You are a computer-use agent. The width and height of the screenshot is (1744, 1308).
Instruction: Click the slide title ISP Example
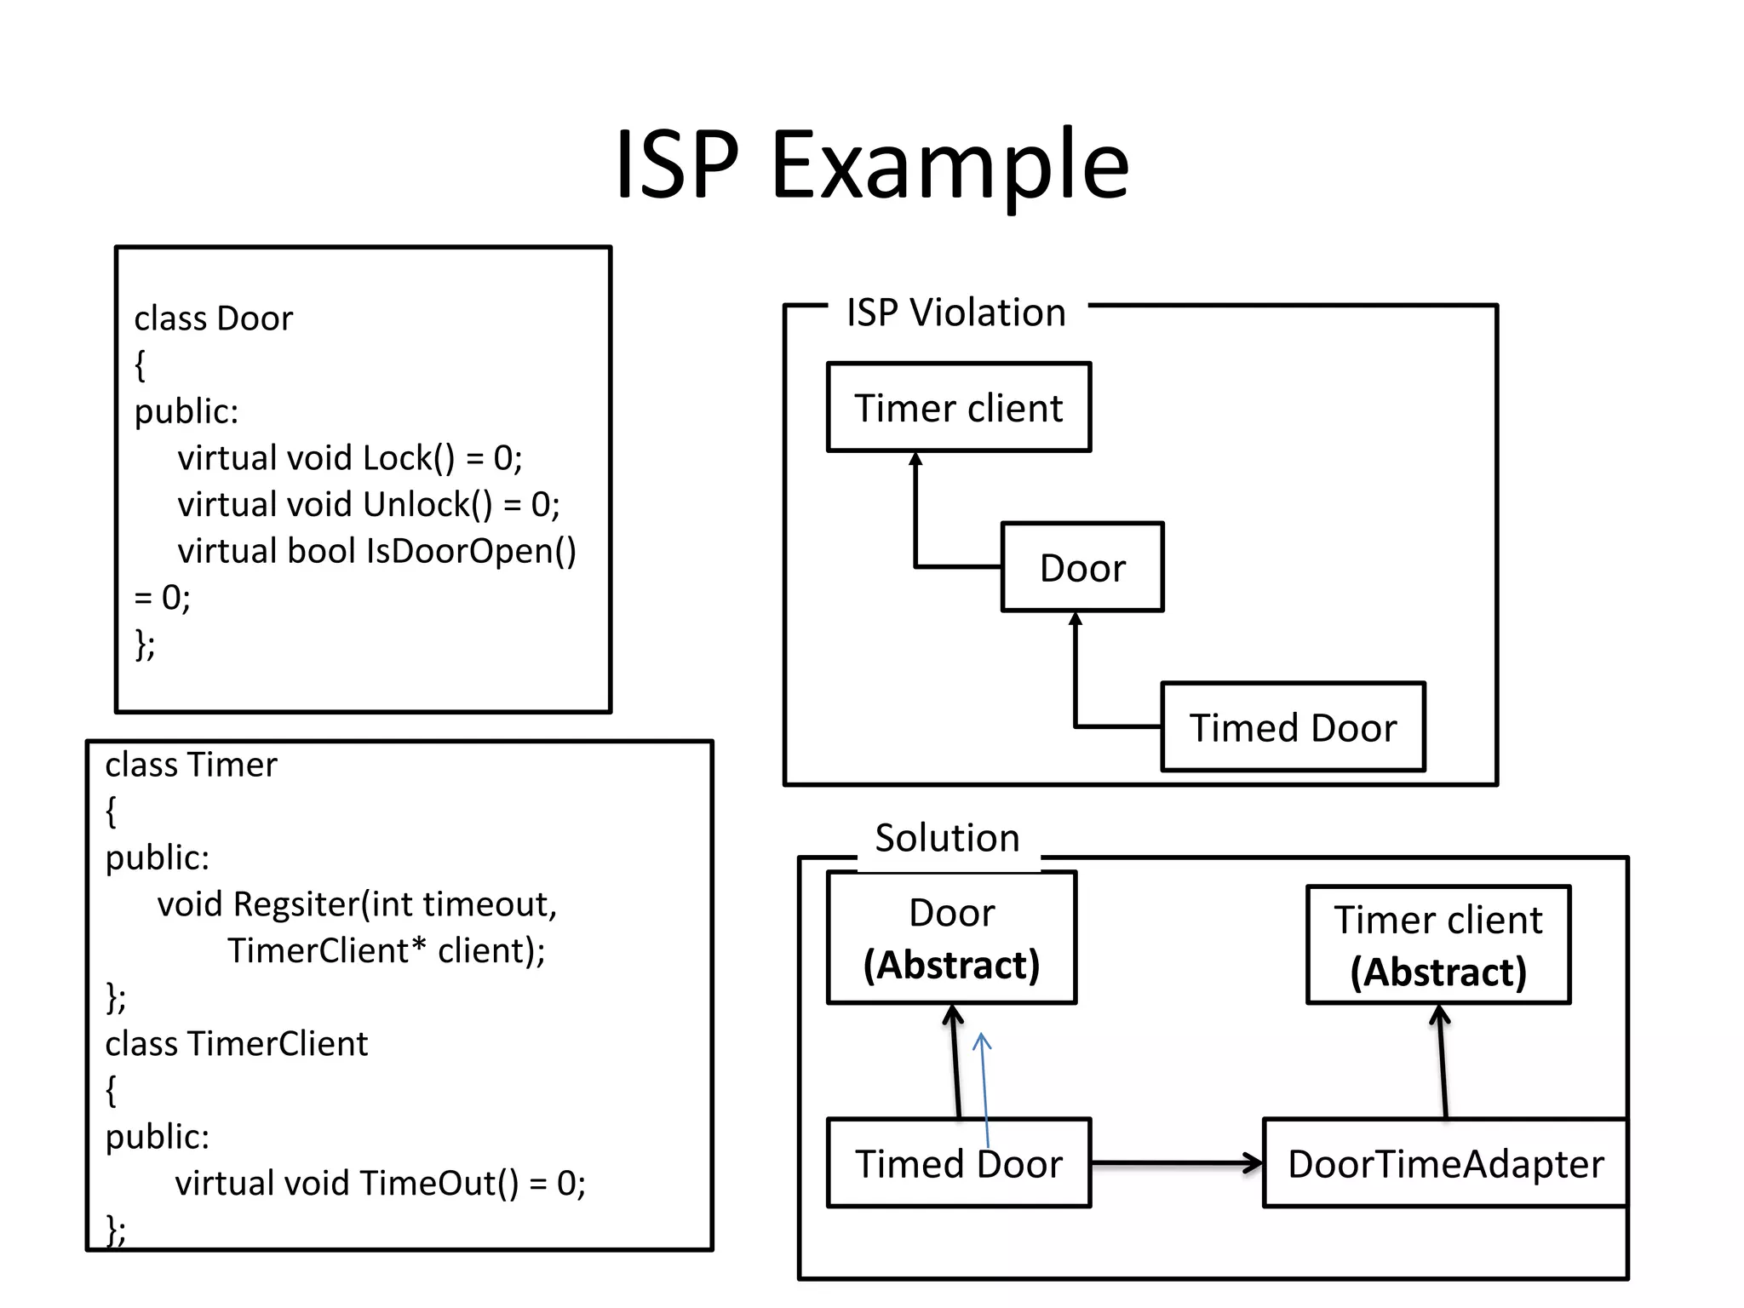point(872,163)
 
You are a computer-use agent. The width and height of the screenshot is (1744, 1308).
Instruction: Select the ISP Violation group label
point(955,313)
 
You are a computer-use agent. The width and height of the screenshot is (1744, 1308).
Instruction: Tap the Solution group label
point(947,838)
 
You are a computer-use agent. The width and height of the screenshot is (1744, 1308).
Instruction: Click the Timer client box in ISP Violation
point(959,408)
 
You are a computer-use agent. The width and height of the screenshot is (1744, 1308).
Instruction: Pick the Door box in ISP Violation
point(1082,568)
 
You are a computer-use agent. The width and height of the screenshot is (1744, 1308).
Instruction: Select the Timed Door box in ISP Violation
point(1293,728)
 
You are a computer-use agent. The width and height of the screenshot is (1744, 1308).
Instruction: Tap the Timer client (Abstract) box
point(1438,945)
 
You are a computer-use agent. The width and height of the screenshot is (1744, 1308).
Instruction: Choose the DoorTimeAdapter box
point(1445,1164)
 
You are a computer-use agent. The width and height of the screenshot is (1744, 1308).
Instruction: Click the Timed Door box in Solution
point(959,1164)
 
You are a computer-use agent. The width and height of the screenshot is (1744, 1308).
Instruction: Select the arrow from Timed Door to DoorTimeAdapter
point(1175,1163)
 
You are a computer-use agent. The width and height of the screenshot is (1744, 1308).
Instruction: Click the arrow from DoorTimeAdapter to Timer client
point(1443,1061)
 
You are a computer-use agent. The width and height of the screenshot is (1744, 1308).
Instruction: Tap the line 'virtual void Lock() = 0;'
point(349,458)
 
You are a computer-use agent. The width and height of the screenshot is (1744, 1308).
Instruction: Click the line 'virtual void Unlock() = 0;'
point(368,505)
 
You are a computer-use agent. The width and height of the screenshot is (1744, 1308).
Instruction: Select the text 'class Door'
point(213,318)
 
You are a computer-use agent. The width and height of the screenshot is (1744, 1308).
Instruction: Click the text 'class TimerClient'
point(236,1044)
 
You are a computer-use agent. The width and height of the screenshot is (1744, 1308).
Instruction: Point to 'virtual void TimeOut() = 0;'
point(380,1184)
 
